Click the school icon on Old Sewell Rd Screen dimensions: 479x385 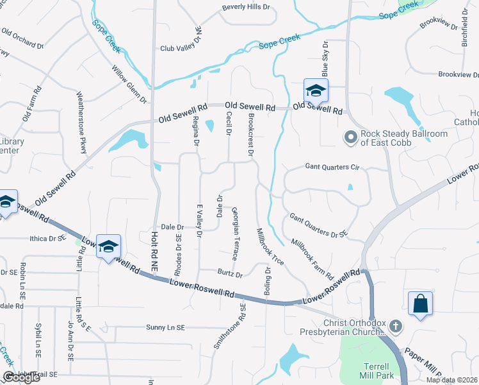pos(316,91)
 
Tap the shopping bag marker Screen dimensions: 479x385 pos(420,304)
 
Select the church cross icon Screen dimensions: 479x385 pos(396,327)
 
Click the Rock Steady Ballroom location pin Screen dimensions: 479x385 pos(350,137)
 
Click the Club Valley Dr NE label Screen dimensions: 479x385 pos(181,47)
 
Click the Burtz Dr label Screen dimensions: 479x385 pos(230,275)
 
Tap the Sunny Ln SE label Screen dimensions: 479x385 pos(165,327)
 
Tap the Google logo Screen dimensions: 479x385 pos(22,377)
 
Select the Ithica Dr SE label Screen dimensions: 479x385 pos(48,238)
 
